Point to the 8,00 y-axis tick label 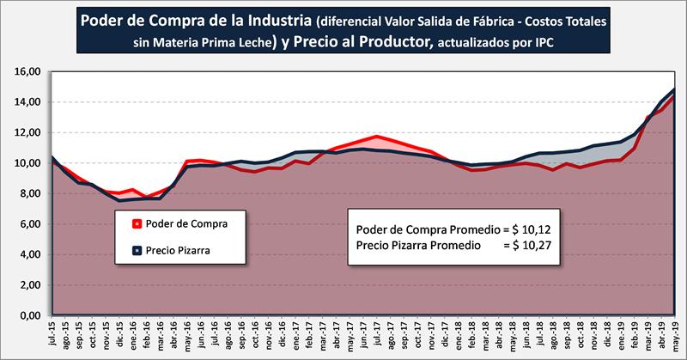[x=27, y=194]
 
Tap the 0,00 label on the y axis [x=27, y=316]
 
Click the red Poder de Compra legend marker [x=137, y=225]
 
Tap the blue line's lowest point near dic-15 [x=120, y=200]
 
